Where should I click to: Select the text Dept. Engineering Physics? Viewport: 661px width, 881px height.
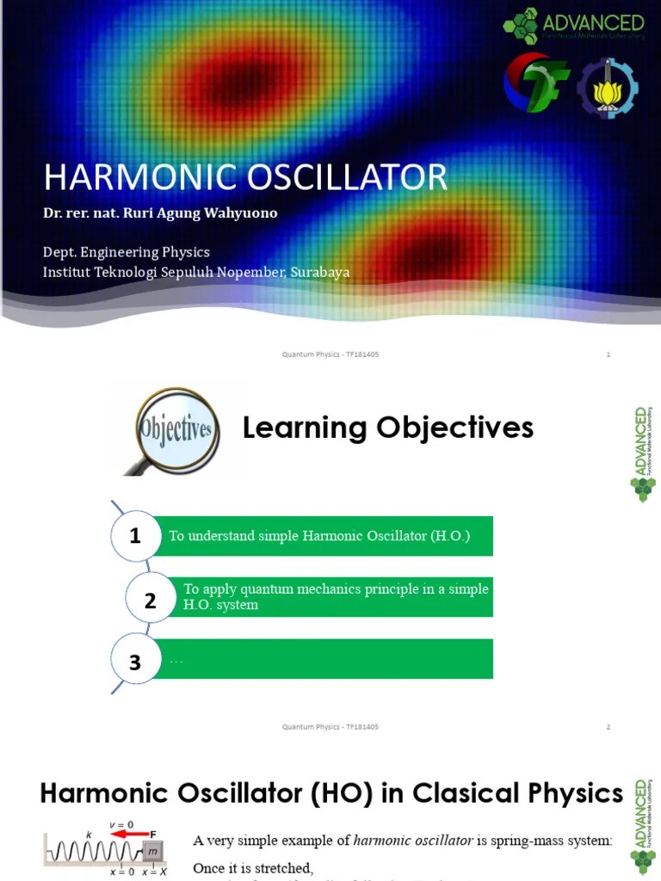(127, 252)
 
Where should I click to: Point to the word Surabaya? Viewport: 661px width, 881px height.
(320, 272)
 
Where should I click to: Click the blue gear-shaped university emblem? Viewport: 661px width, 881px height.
(607, 88)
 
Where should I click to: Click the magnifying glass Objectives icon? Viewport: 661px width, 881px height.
(175, 428)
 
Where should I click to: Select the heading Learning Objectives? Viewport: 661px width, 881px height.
(387, 428)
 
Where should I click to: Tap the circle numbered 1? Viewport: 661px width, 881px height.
(135, 536)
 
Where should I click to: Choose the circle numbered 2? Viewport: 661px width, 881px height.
(150, 601)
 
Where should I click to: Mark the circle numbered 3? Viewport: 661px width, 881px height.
(135, 662)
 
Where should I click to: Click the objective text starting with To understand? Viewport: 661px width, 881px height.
(319, 536)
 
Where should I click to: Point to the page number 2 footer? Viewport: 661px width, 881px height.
(608, 727)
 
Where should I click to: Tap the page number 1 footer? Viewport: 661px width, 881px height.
(608, 354)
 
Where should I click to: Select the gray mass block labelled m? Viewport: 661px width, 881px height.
(153, 851)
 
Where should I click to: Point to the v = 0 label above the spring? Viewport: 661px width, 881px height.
(120, 825)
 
